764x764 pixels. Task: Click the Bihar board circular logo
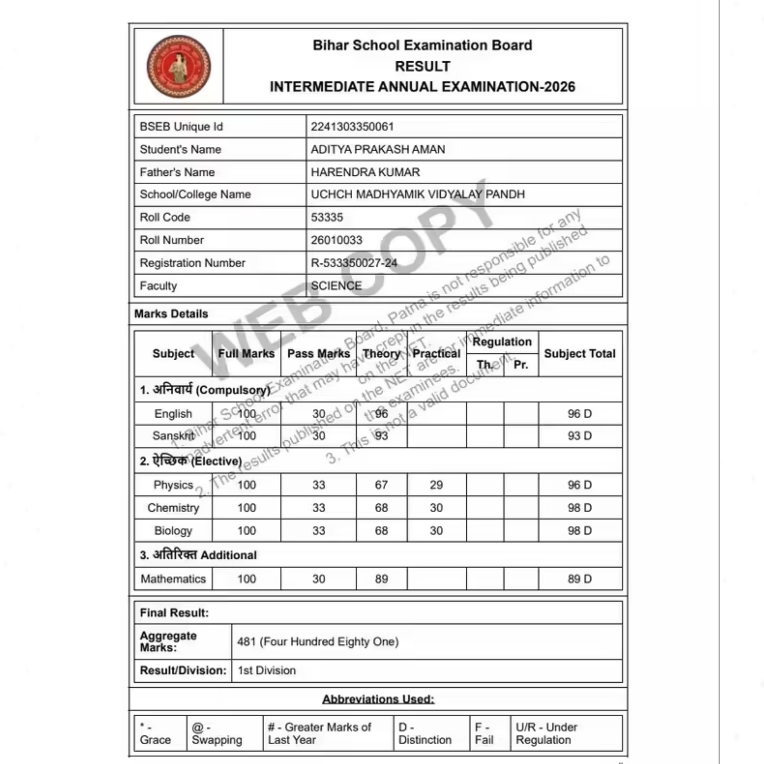[179, 66]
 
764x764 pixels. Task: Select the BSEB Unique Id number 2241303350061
[352, 127]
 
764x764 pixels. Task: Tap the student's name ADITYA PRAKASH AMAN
[378, 149]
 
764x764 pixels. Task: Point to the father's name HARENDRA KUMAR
[365, 172]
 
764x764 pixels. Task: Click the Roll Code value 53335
[327, 217]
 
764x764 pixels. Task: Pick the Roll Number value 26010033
[337, 240]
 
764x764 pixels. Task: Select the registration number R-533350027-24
[354, 263]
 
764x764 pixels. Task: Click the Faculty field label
[158, 286]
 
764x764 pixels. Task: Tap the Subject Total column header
[579, 353]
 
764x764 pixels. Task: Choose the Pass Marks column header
[318, 353]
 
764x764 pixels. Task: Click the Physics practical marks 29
[436, 485]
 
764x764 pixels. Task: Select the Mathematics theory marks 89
[381, 579]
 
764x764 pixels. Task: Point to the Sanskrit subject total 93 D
[579, 436]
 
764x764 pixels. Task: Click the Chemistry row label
[173, 508]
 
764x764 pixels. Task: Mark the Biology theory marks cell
[381, 531]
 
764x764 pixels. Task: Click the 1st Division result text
[267, 670]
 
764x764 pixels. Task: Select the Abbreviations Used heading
[378, 699]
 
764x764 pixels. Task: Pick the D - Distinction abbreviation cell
[425, 733]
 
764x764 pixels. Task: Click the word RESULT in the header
[422, 66]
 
